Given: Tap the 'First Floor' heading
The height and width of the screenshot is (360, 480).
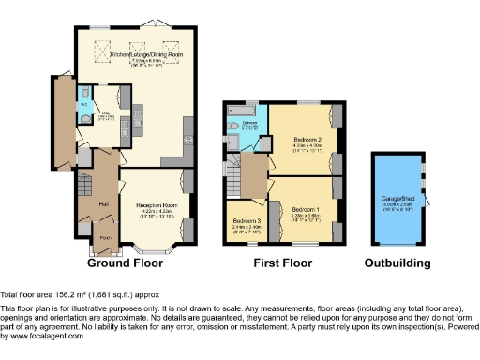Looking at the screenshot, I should [x=283, y=263].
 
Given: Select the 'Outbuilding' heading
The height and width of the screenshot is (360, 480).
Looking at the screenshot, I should [x=397, y=263].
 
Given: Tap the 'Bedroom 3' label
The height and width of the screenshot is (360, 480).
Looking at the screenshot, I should [x=246, y=221].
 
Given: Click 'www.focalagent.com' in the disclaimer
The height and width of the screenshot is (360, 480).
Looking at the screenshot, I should [x=42, y=335].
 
